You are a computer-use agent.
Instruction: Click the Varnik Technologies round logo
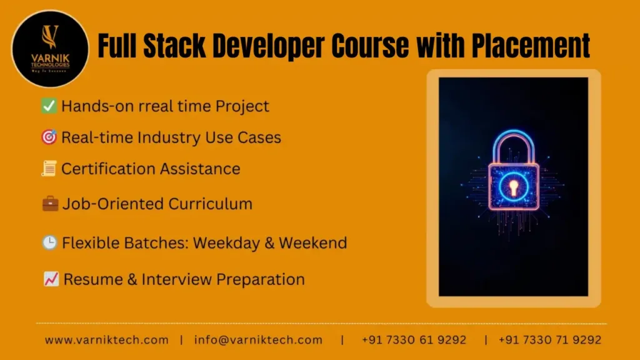tap(50, 48)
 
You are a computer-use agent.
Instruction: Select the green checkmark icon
tap(49, 106)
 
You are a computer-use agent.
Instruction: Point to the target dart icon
tap(49, 137)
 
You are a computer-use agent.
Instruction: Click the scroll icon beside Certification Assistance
tap(49, 169)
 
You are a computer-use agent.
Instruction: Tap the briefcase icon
tap(50, 204)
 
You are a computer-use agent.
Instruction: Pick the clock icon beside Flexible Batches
tap(49, 243)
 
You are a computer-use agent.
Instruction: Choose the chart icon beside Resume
tap(51, 279)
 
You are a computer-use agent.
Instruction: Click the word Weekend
tap(313, 243)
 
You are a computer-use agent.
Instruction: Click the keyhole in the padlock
tap(513, 186)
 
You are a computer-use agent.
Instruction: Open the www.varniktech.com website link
tap(107, 340)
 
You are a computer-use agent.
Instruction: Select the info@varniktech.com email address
tap(258, 340)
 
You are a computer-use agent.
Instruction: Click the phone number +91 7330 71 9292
tap(550, 340)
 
